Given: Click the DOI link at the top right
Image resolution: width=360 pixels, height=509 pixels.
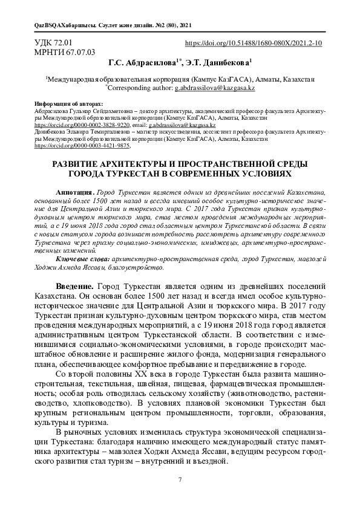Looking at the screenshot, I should (x=252, y=44).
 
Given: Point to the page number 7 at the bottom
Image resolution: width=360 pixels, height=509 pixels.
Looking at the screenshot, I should (x=180, y=479).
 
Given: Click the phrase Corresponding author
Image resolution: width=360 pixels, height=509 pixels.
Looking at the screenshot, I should (x=137, y=88).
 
